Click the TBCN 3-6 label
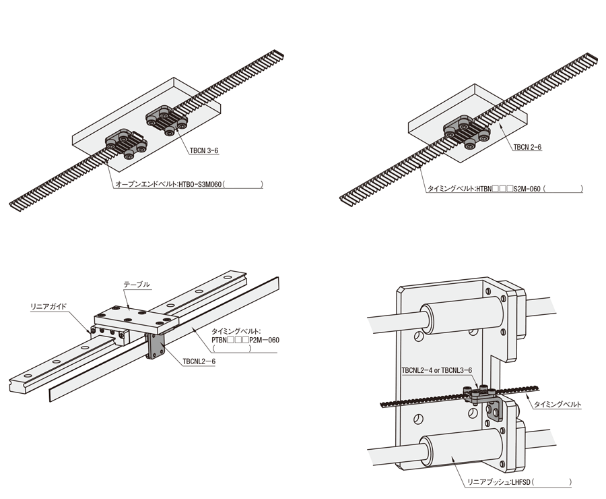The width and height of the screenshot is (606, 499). [x=204, y=150]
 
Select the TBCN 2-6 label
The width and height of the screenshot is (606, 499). [x=527, y=147]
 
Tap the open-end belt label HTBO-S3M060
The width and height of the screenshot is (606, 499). [x=168, y=184]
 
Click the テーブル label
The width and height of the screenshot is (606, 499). [x=137, y=285]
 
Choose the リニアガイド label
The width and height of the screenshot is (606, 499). [x=48, y=307]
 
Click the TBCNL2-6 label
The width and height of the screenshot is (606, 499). [x=199, y=361]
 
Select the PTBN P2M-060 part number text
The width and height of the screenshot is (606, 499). [x=245, y=340]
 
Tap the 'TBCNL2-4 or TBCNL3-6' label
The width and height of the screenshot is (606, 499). [x=437, y=370]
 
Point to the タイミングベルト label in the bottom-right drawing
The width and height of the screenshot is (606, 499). [x=558, y=405]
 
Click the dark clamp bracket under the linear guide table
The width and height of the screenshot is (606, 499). [x=156, y=346]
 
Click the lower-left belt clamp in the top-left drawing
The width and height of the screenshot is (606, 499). [x=127, y=144]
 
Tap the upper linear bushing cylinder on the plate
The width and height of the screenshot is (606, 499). [x=462, y=314]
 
